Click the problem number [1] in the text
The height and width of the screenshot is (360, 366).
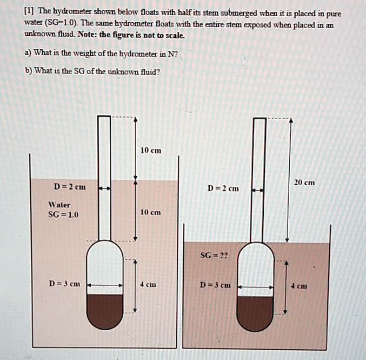click(30, 12)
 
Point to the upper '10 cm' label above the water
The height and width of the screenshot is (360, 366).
click(150, 150)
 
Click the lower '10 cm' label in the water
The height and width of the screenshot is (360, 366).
click(150, 212)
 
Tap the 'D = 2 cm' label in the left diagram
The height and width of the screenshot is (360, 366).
click(70, 187)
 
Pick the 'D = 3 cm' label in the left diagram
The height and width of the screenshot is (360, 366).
click(64, 283)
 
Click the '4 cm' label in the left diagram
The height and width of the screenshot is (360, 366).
click(148, 284)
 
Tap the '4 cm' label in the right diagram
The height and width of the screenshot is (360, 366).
click(299, 285)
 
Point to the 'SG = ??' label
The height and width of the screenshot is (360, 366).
click(214, 254)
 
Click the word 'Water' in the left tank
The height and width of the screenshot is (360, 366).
click(59, 205)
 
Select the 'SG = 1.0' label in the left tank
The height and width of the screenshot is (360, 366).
click(64, 214)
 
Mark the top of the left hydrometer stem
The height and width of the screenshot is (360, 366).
click(104, 117)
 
